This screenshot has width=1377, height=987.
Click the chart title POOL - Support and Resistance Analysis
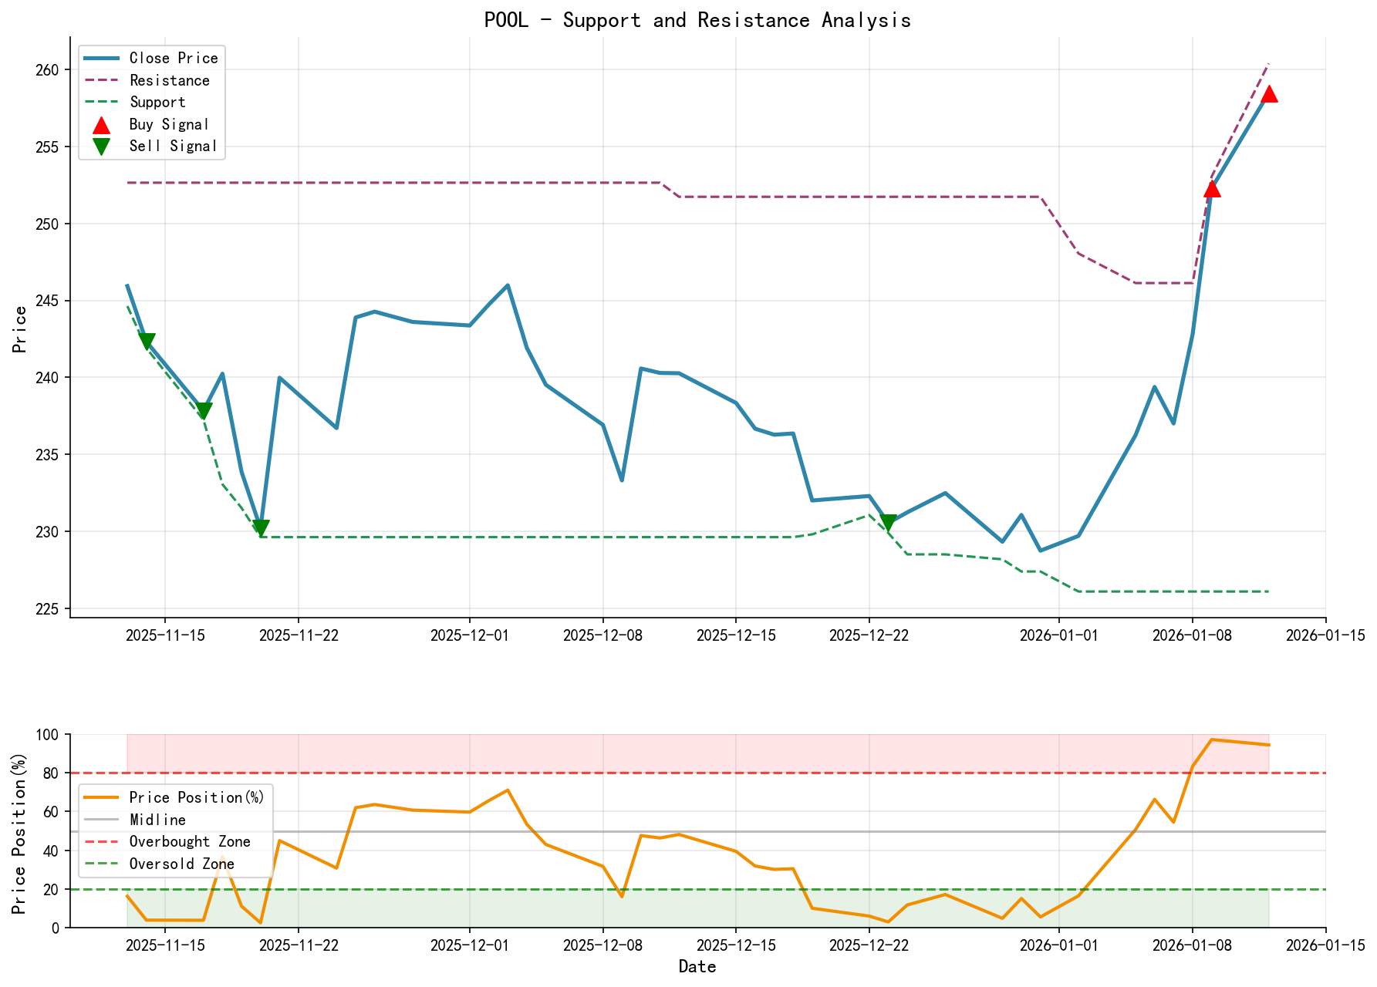tap(697, 20)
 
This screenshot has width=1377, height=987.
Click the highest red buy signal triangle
tap(1268, 94)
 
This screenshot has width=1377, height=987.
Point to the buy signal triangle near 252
tap(1211, 189)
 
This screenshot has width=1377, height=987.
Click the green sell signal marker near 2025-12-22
tap(888, 522)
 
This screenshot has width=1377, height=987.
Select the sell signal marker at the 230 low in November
tap(261, 527)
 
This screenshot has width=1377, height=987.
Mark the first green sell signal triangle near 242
tap(147, 341)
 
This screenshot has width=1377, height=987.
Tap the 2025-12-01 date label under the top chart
tap(469, 635)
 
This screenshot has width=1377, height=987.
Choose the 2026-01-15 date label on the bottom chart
tap(1325, 945)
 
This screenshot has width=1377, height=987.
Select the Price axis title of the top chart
tap(20, 329)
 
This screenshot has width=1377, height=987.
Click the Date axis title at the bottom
tap(697, 967)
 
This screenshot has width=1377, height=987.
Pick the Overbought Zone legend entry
tap(189, 841)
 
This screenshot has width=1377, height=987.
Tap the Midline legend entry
tap(157, 820)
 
